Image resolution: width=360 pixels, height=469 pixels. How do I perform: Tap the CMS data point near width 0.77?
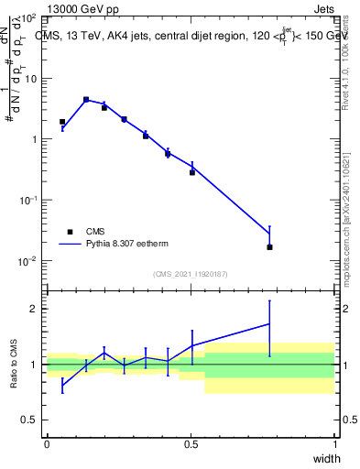click(269, 247)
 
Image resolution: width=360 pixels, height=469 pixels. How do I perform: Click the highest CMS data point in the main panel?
click(86, 99)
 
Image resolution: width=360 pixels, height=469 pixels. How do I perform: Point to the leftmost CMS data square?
click(62, 122)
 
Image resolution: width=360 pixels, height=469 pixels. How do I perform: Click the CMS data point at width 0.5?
click(192, 172)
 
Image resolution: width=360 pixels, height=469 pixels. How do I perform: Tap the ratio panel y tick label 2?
click(34, 309)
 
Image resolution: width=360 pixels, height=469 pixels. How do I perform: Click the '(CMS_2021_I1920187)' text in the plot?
click(190, 274)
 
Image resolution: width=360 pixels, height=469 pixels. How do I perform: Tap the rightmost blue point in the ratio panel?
click(269, 323)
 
